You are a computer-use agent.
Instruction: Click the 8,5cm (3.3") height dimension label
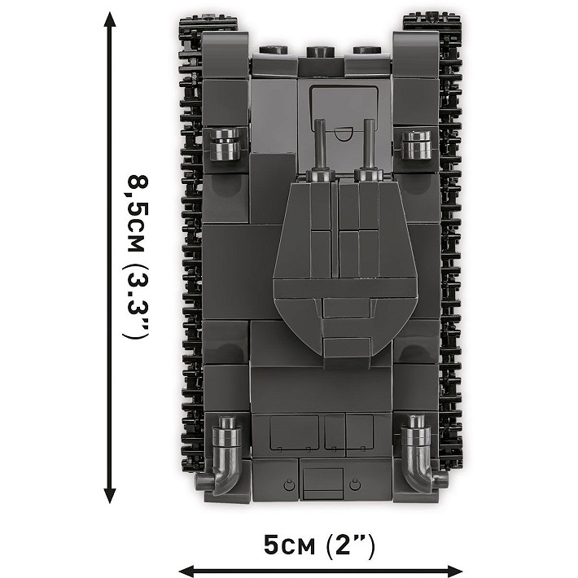coord(137,257)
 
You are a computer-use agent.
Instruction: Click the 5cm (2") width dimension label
coord(319,545)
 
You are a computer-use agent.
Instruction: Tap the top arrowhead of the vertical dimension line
coord(110,20)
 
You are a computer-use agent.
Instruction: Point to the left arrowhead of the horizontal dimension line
coord(186,570)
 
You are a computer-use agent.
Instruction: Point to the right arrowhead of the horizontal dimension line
coord(454,570)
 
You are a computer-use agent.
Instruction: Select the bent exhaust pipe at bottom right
coord(423,454)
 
